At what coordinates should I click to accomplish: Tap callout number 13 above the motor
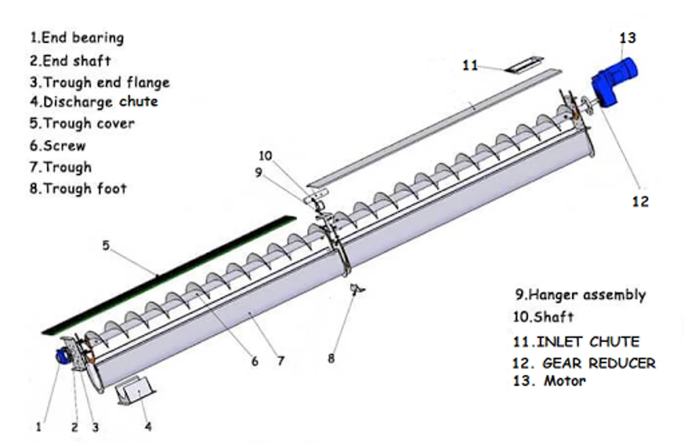[x=627, y=38]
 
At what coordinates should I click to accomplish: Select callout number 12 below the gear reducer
[x=640, y=201]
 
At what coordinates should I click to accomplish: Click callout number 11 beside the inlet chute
[x=470, y=65]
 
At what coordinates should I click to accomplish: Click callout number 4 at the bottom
[x=148, y=426]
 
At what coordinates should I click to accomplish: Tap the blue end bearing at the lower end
[x=63, y=356]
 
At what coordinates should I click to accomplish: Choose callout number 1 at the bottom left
[x=39, y=427]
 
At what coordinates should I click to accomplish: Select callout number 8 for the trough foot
[x=331, y=358]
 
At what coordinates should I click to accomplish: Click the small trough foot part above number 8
[x=357, y=289]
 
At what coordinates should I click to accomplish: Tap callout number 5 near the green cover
[x=106, y=245]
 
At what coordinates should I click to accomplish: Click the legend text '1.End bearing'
[x=77, y=38]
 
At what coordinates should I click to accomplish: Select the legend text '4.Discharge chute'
[x=94, y=102]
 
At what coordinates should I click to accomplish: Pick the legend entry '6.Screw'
[x=58, y=146]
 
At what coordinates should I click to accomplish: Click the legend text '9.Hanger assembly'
[x=580, y=295]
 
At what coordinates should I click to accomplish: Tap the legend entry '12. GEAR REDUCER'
[x=583, y=363]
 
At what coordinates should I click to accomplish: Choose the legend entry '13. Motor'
[x=549, y=380]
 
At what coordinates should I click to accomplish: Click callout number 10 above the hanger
[x=265, y=156]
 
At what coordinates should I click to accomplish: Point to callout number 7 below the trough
[x=280, y=361]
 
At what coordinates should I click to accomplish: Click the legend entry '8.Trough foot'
[x=78, y=189]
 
